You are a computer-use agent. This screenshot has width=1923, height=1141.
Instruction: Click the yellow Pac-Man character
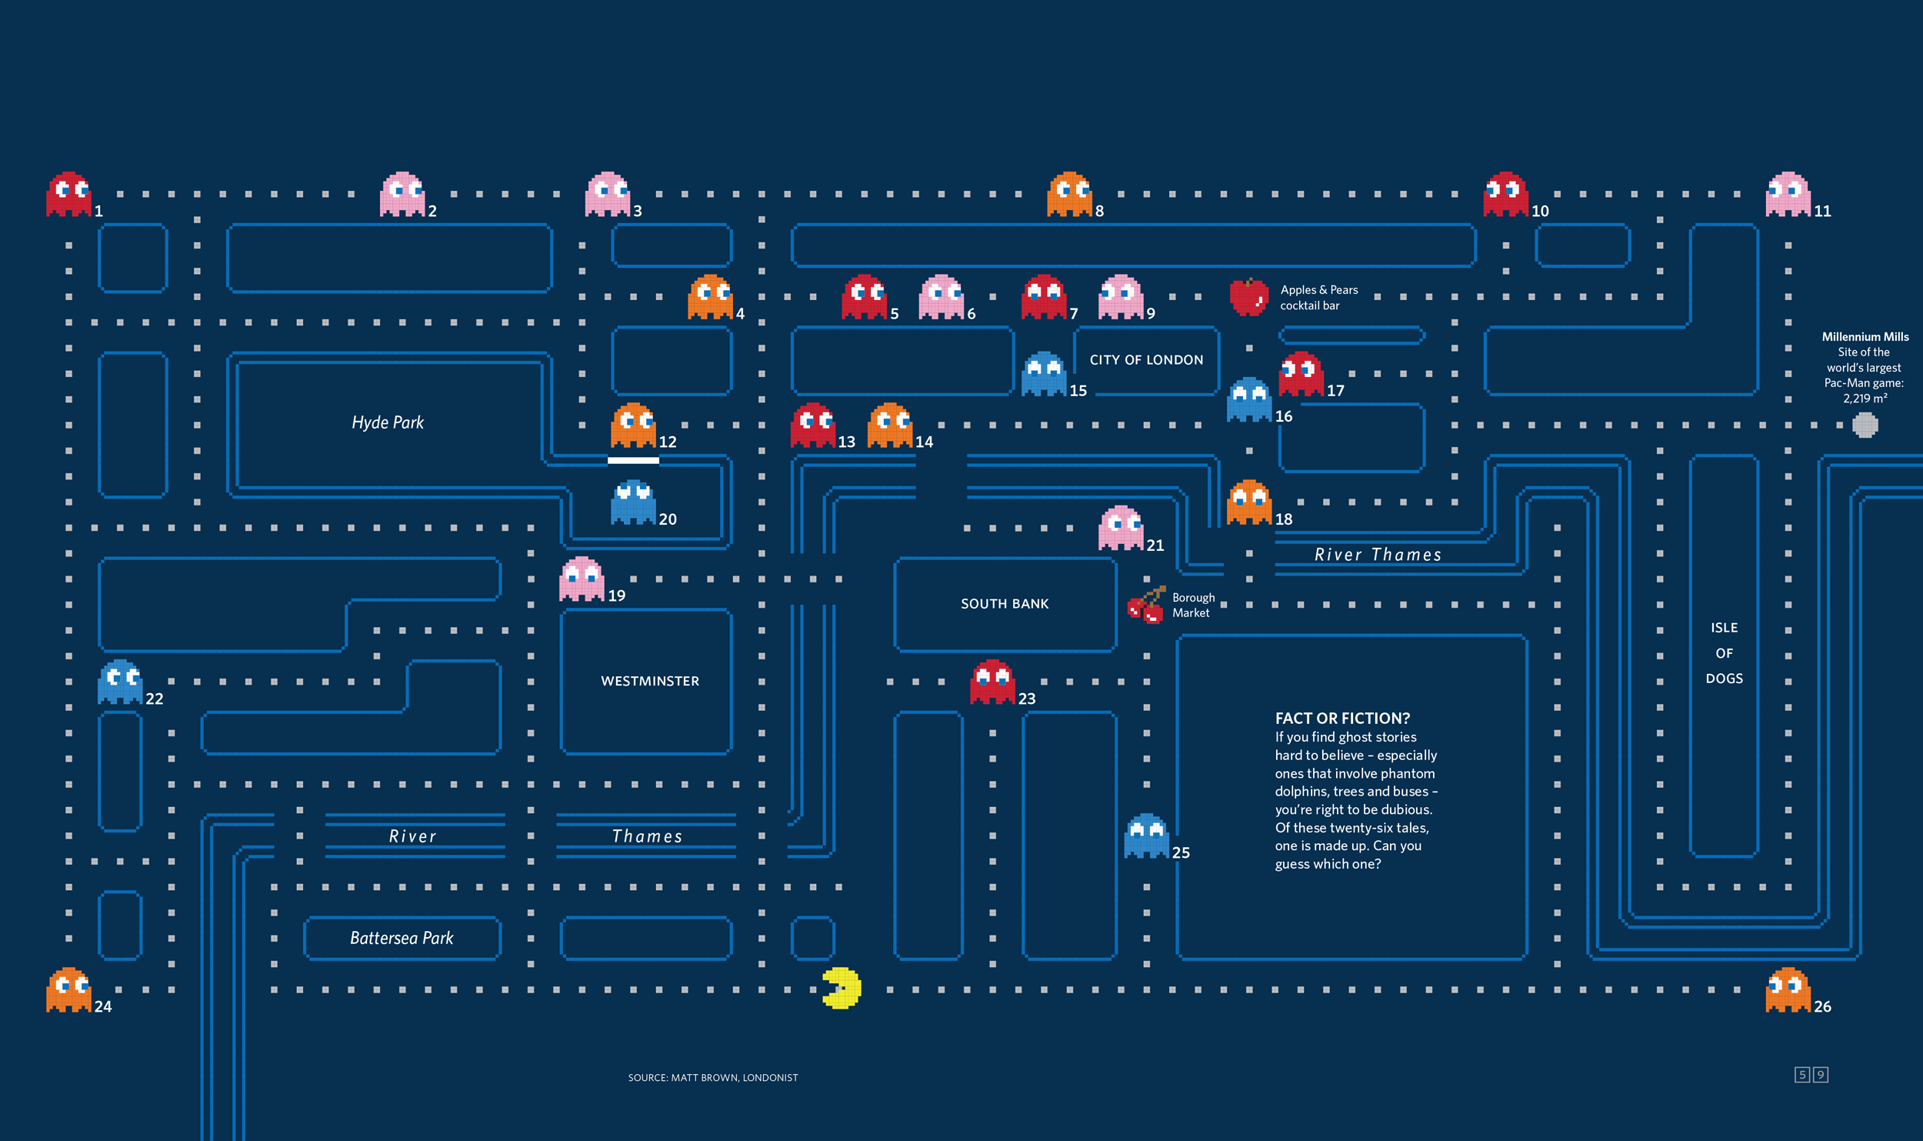pos(842,988)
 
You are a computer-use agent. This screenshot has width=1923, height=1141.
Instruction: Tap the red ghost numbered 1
pos(68,194)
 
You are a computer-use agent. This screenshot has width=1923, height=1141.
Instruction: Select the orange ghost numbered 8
pos(1069,194)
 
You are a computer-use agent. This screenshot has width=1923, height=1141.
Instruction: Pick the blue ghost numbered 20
pos(633,502)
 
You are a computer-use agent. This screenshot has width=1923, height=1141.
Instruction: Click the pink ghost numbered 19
pos(582,579)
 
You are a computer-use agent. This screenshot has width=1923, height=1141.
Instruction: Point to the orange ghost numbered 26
pos(1788,989)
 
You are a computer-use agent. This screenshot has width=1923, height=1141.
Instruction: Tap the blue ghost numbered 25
pos(1146,836)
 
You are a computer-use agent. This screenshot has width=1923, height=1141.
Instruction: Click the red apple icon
pos(1248,297)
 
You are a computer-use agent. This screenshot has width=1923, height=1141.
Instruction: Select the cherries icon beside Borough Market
pos(1146,606)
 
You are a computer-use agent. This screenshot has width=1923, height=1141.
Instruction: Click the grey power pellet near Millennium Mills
pos(1865,425)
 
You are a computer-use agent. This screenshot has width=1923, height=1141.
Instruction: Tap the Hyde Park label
pos(388,422)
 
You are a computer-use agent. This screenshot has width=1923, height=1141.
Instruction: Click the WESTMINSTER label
pos(650,681)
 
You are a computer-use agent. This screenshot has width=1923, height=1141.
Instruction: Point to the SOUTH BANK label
pos(1005,604)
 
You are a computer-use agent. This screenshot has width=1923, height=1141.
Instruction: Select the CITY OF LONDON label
pos(1146,360)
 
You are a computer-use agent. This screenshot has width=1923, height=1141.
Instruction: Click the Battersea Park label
pos(402,938)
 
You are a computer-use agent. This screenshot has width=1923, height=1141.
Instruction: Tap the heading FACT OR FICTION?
pos(1342,718)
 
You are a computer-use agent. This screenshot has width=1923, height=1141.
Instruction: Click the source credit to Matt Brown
pos(713,1077)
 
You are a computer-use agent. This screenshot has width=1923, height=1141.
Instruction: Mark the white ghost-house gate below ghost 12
pos(633,460)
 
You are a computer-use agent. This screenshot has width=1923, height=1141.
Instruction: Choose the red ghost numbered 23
pos(992,682)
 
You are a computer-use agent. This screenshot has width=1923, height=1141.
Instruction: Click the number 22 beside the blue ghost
pos(155,699)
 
